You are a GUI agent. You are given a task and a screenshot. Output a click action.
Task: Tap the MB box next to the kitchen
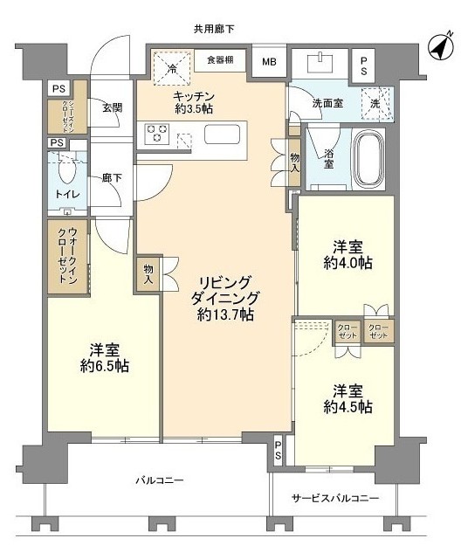269,61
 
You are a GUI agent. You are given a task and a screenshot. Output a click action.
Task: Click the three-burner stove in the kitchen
158,135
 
